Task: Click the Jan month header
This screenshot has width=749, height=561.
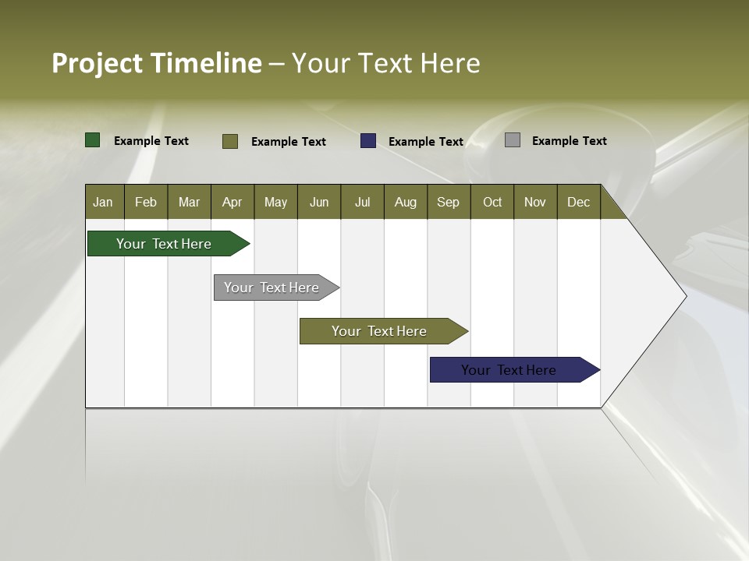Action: click(x=104, y=202)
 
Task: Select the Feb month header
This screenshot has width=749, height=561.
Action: click(x=146, y=202)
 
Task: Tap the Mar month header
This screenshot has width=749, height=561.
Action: click(x=189, y=202)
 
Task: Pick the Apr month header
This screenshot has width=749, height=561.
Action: click(x=233, y=202)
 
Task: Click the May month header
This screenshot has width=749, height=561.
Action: click(x=275, y=202)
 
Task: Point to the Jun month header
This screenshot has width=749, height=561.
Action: click(x=319, y=202)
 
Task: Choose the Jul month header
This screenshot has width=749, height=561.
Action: click(x=362, y=202)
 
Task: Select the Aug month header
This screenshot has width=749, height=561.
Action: click(x=406, y=202)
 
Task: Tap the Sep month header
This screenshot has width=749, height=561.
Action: click(x=449, y=202)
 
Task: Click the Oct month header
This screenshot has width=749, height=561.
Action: click(x=492, y=202)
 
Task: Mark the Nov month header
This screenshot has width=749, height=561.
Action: click(x=535, y=202)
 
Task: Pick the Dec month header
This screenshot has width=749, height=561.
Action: click(x=579, y=202)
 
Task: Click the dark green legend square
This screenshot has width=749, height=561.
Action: click(x=93, y=140)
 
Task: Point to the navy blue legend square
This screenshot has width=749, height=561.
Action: click(x=368, y=141)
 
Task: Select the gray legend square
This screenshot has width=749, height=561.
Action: click(x=513, y=140)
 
